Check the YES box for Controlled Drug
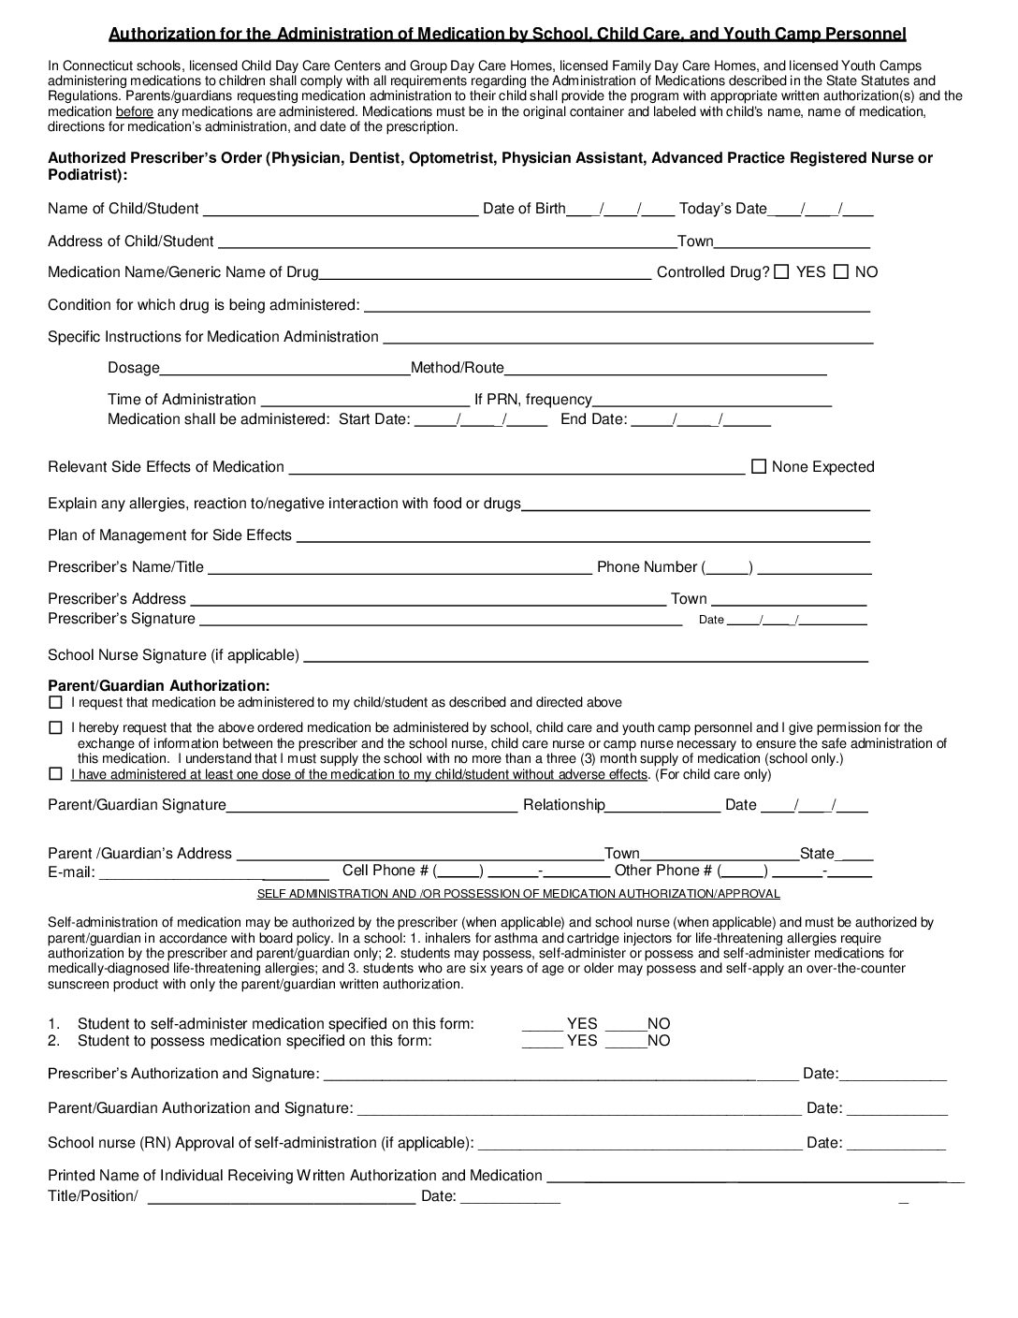[x=781, y=271]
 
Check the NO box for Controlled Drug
[x=840, y=271]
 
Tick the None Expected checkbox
[x=759, y=466]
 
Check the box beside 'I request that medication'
[x=55, y=702]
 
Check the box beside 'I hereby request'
[x=55, y=727]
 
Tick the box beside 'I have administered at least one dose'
[x=55, y=774]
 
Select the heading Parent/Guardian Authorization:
[x=158, y=686]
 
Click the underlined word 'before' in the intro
[x=134, y=112]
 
